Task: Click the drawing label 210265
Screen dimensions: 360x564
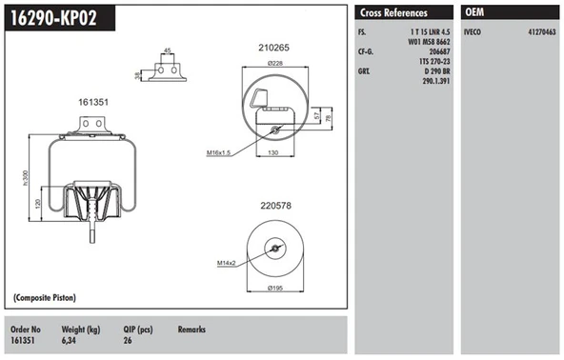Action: coord(273,47)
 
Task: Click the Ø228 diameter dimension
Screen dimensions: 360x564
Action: coord(275,64)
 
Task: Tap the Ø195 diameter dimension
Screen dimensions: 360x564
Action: coord(274,288)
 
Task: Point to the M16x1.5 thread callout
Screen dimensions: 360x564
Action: coord(221,151)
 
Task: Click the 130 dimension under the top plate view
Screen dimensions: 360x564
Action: coord(272,151)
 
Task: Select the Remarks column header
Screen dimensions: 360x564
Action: coord(192,329)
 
